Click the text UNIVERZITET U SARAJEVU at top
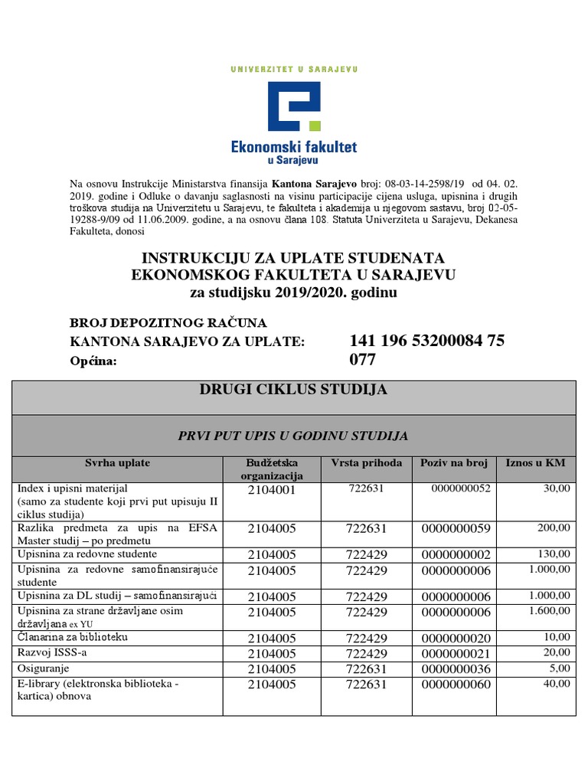293,69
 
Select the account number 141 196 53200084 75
426,341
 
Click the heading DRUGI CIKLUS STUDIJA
293,390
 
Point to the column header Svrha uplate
117,463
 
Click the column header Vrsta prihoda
366,463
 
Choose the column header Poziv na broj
454,463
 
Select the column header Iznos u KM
534,463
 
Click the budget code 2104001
271,490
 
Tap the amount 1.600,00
549,611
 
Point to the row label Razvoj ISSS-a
50,653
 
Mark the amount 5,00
559,668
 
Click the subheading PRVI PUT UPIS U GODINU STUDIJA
293,436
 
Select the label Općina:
93,361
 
